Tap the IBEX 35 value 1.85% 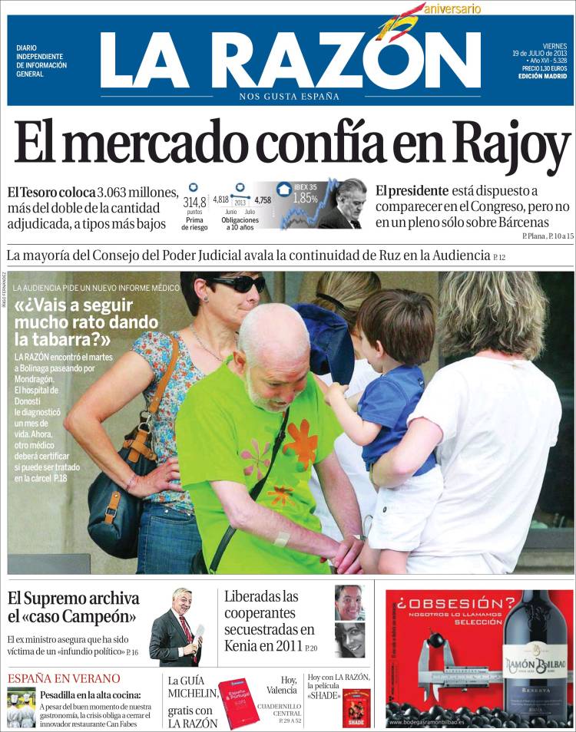point(305,198)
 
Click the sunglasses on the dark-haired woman point(238,283)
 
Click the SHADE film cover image point(356,707)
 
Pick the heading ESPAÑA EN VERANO point(64,678)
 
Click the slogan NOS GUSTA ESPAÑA point(289,96)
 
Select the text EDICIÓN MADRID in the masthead point(542,76)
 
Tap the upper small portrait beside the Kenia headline point(349,602)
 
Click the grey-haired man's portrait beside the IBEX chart point(346,203)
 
